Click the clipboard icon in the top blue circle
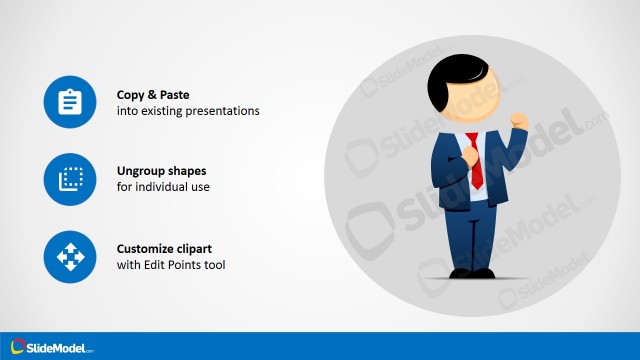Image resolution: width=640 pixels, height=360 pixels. [69, 102]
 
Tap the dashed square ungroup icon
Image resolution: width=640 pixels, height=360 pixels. [69, 179]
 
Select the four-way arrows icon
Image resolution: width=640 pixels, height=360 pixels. [69, 256]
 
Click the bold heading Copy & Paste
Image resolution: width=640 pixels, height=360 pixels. [153, 94]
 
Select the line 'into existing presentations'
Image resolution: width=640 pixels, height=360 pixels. [188, 111]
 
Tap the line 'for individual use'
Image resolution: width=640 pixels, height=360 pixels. [163, 188]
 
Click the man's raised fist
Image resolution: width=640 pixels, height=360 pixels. [518, 120]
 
